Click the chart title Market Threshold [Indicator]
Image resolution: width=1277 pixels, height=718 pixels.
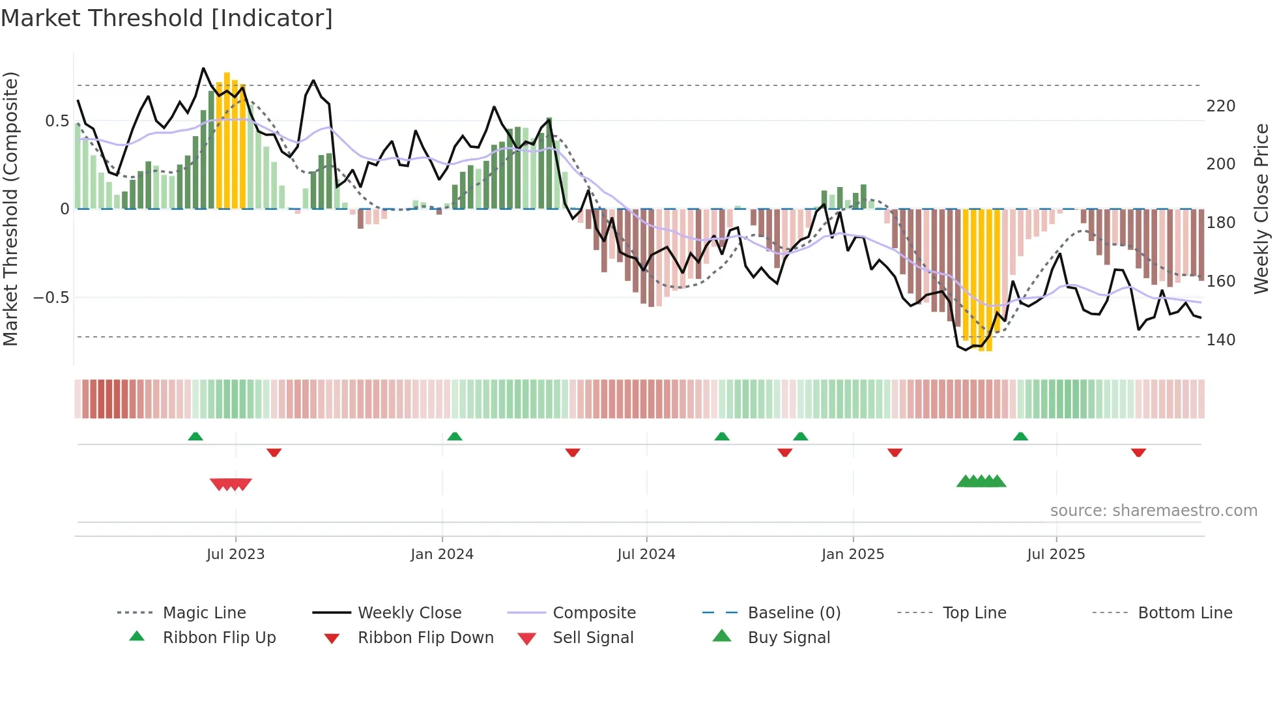[x=167, y=18]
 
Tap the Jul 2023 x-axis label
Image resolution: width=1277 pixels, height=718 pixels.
[x=235, y=554]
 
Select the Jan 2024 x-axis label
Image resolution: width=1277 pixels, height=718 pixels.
[x=442, y=554]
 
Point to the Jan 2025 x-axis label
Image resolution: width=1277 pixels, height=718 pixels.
[x=852, y=554]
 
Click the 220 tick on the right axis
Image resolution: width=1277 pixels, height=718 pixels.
[x=1220, y=106]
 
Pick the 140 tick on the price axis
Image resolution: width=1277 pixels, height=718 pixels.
[x=1220, y=340]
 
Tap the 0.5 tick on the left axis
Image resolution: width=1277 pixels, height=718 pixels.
[x=57, y=121]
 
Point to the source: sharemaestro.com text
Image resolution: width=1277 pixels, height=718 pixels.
[x=1153, y=511]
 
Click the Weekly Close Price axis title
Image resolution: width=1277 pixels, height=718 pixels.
[x=1261, y=208]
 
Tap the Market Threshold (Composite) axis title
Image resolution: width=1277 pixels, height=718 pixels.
[x=10, y=208]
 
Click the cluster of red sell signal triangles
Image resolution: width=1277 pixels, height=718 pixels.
[x=231, y=484]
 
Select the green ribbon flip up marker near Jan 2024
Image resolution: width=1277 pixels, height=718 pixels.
[x=455, y=437]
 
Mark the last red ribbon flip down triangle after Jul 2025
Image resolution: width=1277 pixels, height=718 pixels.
[x=1138, y=453]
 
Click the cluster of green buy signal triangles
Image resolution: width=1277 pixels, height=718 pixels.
[x=981, y=481]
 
